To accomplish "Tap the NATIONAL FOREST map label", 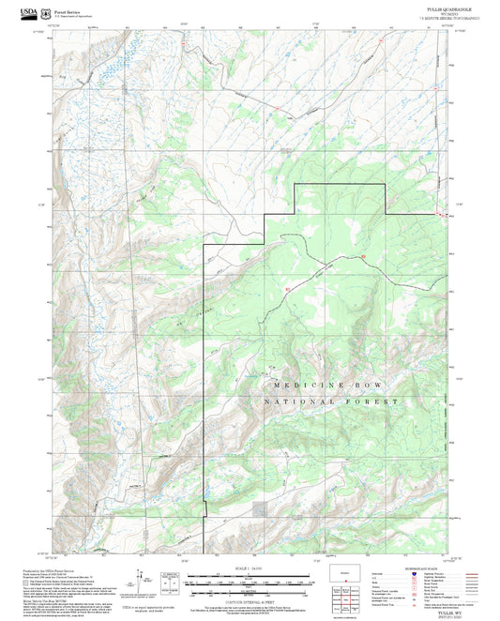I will pyautogui.click(x=324, y=401).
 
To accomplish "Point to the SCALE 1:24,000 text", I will pyautogui.click(x=249, y=569).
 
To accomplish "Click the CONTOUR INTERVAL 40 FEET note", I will pyautogui.click(x=249, y=603).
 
